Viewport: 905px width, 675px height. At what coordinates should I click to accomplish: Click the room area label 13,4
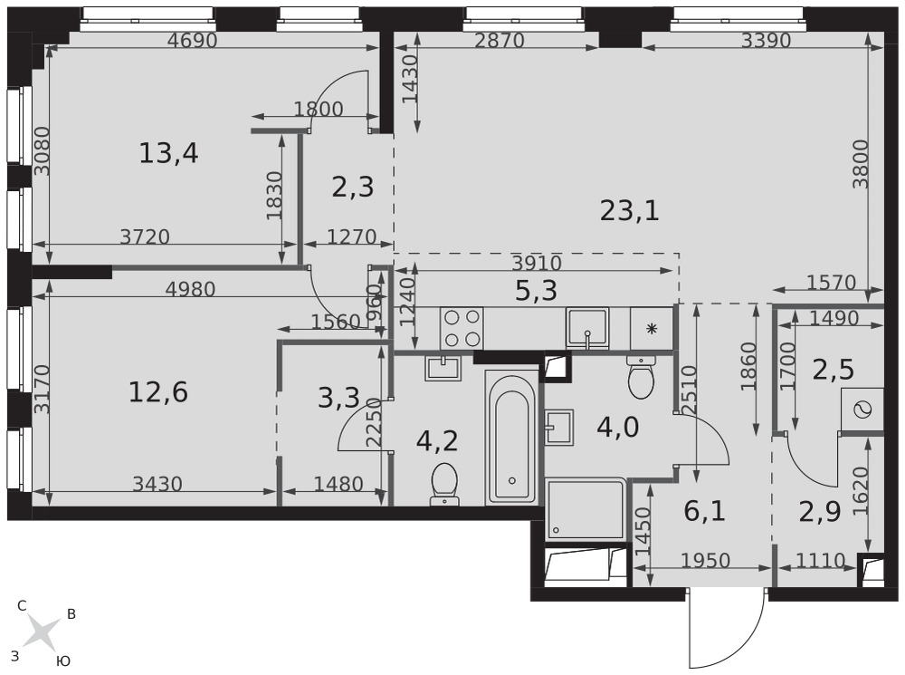(x=168, y=154)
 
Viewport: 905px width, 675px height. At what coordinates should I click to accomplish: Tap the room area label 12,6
(x=158, y=393)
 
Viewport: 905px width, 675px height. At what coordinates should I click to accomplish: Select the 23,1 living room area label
(x=629, y=210)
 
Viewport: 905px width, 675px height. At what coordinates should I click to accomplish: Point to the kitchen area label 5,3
(x=536, y=291)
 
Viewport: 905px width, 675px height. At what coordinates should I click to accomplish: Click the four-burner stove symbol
(x=462, y=328)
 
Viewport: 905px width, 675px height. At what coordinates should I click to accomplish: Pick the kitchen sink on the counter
(x=587, y=328)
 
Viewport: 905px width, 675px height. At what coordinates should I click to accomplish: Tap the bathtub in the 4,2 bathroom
(x=512, y=438)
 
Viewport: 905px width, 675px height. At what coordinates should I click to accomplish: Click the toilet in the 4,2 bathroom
(x=443, y=484)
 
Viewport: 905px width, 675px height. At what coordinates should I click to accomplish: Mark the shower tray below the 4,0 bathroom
(x=586, y=508)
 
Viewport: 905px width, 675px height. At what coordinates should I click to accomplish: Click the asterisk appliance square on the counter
(x=652, y=328)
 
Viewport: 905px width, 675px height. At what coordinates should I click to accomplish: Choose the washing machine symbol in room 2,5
(x=862, y=410)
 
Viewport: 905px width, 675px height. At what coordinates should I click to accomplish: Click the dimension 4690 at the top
(x=192, y=41)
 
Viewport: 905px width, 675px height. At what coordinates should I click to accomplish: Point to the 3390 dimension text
(x=766, y=41)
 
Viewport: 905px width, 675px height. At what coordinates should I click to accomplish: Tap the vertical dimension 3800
(x=860, y=164)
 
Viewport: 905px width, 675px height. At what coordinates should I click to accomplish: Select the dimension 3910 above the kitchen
(x=537, y=263)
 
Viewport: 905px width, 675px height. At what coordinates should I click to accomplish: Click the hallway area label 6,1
(x=704, y=511)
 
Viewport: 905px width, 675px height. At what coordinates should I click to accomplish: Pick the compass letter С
(x=22, y=605)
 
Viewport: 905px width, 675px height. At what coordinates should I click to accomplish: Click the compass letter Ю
(x=63, y=661)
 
